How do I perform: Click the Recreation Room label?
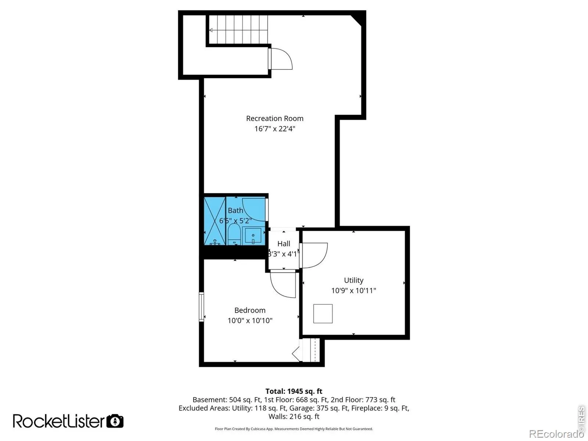[275, 118]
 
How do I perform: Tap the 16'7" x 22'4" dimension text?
[275, 129]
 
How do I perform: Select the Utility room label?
[354, 280]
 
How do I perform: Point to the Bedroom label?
[250, 310]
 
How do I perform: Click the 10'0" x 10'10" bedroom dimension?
[250, 320]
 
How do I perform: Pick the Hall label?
[284, 244]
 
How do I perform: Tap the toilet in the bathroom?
[234, 234]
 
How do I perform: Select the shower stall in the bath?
[215, 221]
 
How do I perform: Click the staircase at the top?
[238, 29]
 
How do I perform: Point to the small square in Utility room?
[323, 313]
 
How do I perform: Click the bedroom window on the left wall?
[201, 307]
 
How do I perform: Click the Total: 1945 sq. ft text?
[294, 391]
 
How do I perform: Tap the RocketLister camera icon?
[115, 421]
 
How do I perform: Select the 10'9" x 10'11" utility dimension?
[354, 291]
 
